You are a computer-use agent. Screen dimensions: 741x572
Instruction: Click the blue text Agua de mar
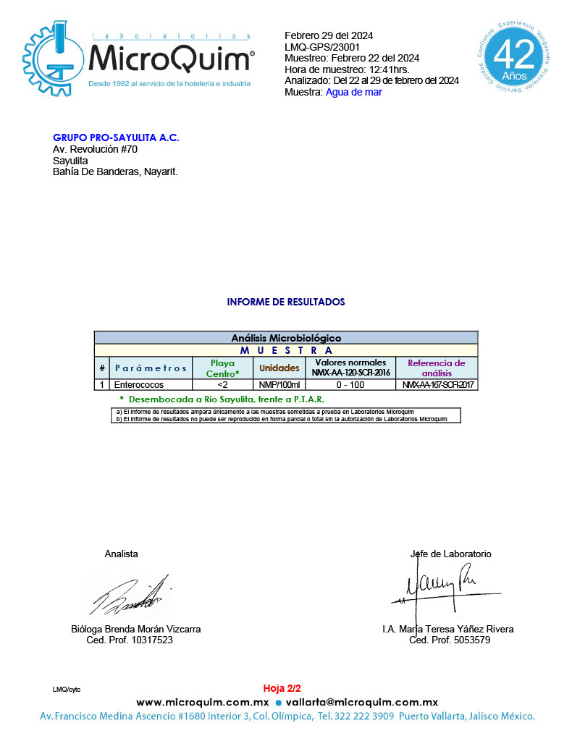point(353,92)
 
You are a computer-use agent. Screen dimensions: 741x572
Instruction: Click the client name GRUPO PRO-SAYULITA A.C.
point(116,137)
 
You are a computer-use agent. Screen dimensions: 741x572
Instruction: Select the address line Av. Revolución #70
point(95,149)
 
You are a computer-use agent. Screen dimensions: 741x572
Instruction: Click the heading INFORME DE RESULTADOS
point(286,302)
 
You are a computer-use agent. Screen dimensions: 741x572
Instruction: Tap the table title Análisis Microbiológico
point(286,338)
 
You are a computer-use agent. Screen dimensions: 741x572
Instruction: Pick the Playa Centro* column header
point(222,368)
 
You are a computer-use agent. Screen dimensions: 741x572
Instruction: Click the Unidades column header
point(279,368)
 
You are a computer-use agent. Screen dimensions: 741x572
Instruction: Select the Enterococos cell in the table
point(139,385)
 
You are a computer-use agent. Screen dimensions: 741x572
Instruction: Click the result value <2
point(222,385)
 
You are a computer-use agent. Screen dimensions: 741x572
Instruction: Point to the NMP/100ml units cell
point(279,385)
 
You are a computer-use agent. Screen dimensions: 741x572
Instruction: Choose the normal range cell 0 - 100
point(351,385)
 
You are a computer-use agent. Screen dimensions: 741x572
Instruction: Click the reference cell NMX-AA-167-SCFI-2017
point(439,385)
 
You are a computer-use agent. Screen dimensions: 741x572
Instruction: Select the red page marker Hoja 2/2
point(282,688)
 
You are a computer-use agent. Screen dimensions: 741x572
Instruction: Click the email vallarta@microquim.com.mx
point(362,702)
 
